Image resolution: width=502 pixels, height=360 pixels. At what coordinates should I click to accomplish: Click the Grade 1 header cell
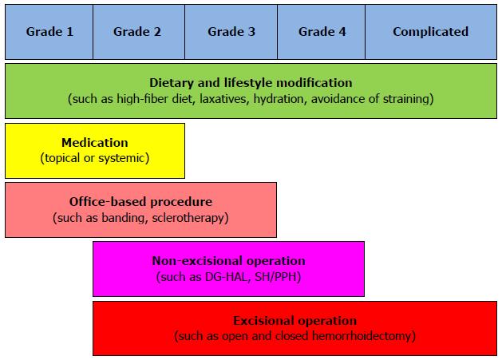click(49, 32)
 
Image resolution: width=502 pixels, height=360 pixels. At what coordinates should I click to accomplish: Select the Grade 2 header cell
click(139, 32)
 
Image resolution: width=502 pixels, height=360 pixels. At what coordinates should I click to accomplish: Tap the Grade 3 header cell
click(231, 32)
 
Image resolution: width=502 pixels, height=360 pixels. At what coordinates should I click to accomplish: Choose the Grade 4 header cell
click(321, 32)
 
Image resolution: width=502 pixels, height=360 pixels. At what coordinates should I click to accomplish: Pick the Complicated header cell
click(431, 32)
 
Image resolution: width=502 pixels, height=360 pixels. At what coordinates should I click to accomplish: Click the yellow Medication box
click(95, 151)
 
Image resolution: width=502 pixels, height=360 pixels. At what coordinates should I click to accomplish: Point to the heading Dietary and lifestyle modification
click(251, 83)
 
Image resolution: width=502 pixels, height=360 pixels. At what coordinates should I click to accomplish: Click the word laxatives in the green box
click(224, 99)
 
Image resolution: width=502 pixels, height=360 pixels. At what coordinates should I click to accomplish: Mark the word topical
click(61, 158)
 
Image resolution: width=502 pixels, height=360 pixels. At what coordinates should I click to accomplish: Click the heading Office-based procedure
click(141, 202)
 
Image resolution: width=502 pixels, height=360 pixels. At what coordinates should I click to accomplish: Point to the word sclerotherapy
click(190, 218)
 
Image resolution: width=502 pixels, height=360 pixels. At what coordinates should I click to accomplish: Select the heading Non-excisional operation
click(228, 261)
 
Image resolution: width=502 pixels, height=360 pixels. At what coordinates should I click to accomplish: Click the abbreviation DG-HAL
click(227, 277)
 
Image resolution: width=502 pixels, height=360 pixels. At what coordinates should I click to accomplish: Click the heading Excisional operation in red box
click(294, 321)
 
